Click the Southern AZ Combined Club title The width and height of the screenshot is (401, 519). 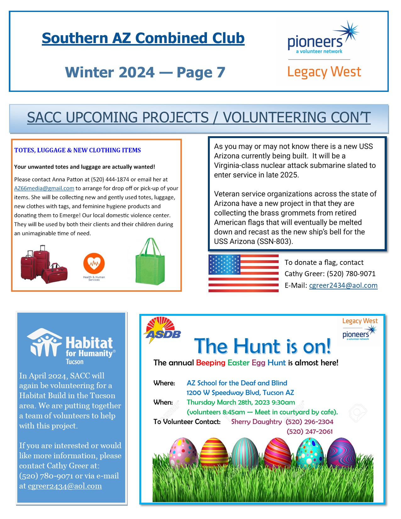143,38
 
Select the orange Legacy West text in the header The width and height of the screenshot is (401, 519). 324,72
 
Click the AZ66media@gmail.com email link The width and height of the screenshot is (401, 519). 44,188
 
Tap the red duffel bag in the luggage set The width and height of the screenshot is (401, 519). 55,273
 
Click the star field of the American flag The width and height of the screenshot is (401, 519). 224,265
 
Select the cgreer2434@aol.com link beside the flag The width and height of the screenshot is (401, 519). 343,285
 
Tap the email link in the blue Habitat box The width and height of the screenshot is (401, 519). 65,486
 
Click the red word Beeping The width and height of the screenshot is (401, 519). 210,363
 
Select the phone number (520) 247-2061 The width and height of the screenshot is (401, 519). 309,432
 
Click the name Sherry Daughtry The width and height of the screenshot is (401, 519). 256,422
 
